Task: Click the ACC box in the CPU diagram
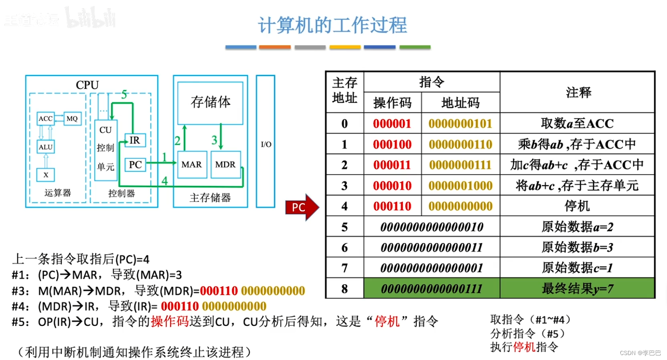(45, 119)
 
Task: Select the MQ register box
(72, 119)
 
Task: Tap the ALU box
(45, 147)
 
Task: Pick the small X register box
(46, 175)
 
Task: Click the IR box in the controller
(135, 141)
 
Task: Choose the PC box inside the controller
(135, 165)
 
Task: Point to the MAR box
(192, 165)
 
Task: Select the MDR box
(225, 165)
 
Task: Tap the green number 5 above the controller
(124, 95)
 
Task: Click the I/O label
(266, 144)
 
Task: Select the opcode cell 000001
(392, 124)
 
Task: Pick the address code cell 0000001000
(460, 186)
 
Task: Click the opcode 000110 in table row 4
(392, 206)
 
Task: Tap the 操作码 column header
(392, 103)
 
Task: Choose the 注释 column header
(578, 92)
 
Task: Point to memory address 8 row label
(345, 289)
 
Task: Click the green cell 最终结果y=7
(577, 289)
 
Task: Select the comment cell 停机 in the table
(577, 206)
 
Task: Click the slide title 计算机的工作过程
(332, 25)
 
